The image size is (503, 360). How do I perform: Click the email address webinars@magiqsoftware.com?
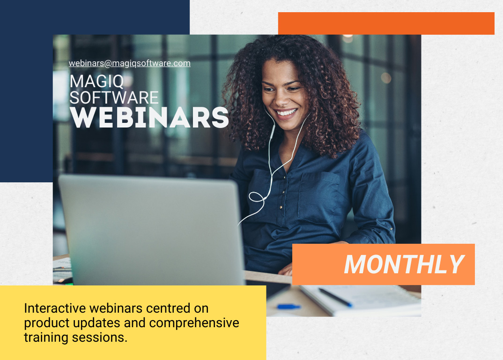(x=130, y=63)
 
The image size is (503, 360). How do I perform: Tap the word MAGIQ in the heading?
(x=97, y=82)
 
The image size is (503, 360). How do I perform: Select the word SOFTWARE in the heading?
(x=114, y=97)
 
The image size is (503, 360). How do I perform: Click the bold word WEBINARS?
(x=149, y=118)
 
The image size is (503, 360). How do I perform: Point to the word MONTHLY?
(x=404, y=264)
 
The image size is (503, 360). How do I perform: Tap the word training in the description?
(x=43, y=337)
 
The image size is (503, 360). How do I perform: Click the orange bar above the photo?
(x=386, y=23)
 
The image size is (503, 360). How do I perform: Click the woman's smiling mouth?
(x=287, y=112)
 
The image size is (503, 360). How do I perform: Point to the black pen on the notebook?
(x=335, y=297)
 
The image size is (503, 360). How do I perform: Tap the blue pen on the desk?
(x=288, y=307)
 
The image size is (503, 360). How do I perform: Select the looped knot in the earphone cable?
(x=257, y=197)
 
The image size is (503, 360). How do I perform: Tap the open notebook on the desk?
(x=365, y=300)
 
